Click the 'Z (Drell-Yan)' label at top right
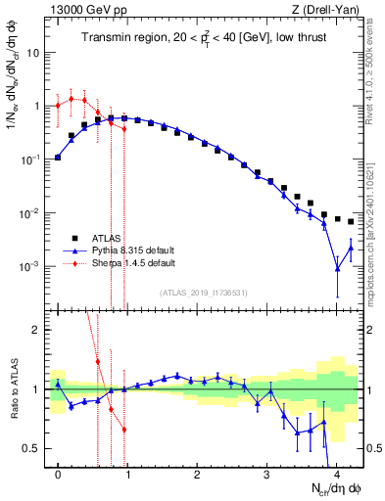click(330, 9)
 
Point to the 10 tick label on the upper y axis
click(33, 53)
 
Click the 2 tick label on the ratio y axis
click(38, 330)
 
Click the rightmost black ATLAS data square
click(351, 222)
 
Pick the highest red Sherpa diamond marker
click(72, 98)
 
